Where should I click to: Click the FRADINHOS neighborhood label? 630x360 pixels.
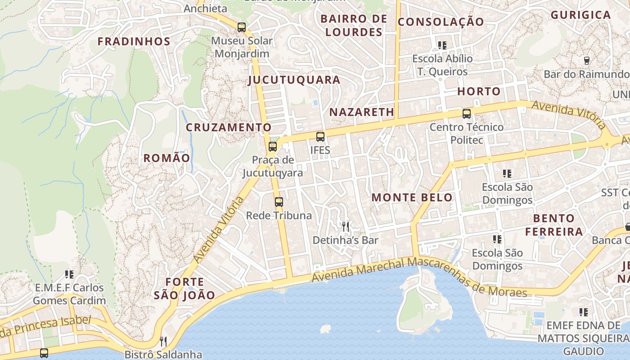(x=134, y=42)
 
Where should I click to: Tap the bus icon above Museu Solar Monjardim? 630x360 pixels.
(x=242, y=27)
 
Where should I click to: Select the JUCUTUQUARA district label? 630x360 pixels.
(x=294, y=80)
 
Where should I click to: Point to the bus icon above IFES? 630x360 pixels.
(x=320, y=137)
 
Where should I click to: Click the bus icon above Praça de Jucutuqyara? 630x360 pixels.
(x=273, y=146)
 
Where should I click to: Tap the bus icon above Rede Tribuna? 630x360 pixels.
(x=279, y=202)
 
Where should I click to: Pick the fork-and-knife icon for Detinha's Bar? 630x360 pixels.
(x=346, y=226)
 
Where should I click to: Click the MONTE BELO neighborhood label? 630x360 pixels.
(x=412, y=198)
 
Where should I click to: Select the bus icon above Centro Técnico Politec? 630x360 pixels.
(x=467, y=114)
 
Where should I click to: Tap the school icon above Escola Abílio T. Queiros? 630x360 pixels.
(x=442, y=45)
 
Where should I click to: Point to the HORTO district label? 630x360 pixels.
(x=479, y=91)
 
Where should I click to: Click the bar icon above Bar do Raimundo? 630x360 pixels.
(x=586, y=60)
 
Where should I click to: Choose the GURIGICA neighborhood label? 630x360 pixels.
(x=580, y=15)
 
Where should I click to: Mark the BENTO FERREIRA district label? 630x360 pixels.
(x=554, y=225)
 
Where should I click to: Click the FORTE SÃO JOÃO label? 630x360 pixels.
(x=184, y=288)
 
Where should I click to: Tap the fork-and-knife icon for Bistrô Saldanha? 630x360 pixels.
(x=163, y=342)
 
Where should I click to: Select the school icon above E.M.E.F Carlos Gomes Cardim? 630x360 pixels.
(x=69, y=274)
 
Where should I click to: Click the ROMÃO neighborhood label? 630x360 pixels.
(x=167, y=158)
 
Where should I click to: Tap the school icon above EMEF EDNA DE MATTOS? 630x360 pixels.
(x=584, y=312)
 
